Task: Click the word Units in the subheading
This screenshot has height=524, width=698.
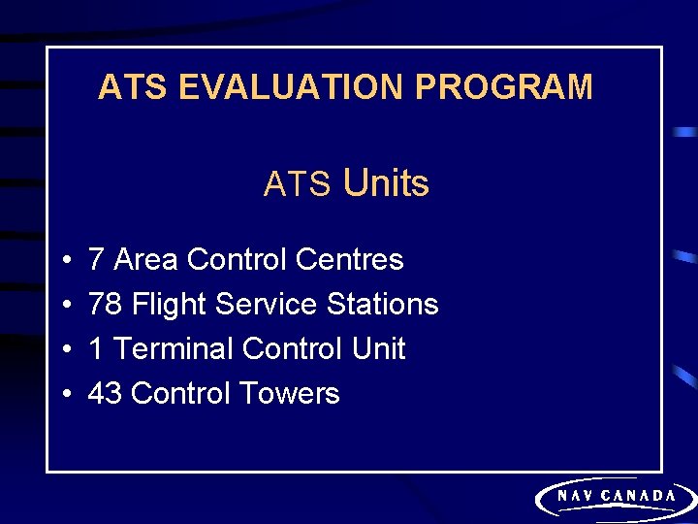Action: (x=386, y=182)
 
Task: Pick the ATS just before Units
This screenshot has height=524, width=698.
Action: (x=298, y=183)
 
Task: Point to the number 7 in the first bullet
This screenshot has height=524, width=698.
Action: (x=96, y=260)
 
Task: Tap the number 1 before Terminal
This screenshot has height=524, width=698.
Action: (x=96, y=349)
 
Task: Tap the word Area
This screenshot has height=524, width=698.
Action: (x=145, y=260)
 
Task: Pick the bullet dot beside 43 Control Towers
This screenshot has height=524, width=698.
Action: (x=63, y=395)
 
